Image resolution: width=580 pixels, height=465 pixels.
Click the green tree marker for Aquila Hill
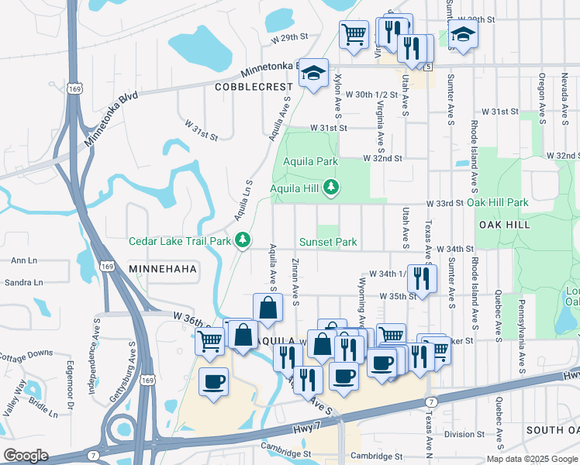coord(331,187)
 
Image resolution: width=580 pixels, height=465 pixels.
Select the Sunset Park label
coord(328,243)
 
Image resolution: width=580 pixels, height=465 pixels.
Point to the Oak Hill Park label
coord(497,202)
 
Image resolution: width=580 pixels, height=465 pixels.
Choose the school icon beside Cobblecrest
coord(314,74)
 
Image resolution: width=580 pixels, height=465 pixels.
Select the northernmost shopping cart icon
coord(354,33)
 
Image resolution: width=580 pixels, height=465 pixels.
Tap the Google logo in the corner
coord(26,455)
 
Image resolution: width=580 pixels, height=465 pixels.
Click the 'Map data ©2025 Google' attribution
coord(531,459)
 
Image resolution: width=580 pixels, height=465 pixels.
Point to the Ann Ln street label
coord(24,261)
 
